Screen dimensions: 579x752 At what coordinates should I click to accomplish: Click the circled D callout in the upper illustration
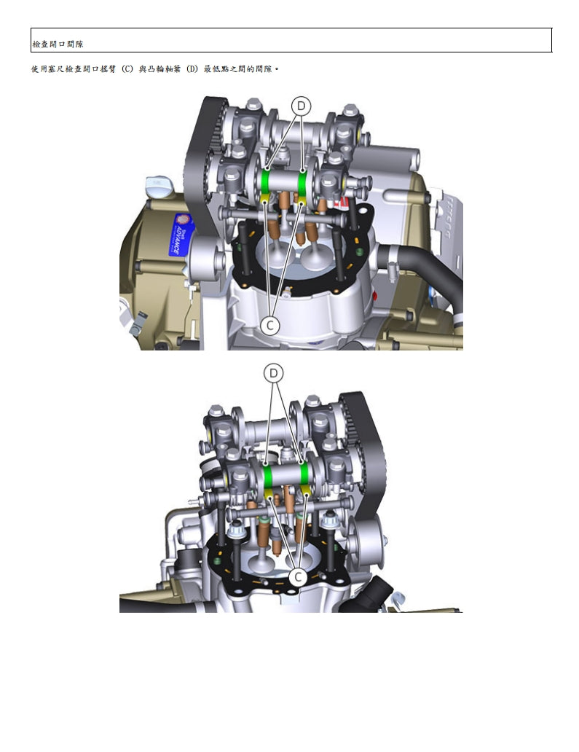coord(301,106)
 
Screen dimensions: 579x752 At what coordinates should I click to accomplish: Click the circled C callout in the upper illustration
coord(270,326)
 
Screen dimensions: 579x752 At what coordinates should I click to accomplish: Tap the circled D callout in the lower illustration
coord(274,373)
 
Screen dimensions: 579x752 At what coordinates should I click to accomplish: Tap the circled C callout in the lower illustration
coord(298,576)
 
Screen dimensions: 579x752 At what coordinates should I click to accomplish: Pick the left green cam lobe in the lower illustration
coord(268,475)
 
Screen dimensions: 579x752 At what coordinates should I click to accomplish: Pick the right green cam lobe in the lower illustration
coord(304,475)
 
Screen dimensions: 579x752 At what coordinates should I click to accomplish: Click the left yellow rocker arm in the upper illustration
coord(264,197)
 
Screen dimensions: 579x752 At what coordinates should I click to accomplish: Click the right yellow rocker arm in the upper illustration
coord(302,198)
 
